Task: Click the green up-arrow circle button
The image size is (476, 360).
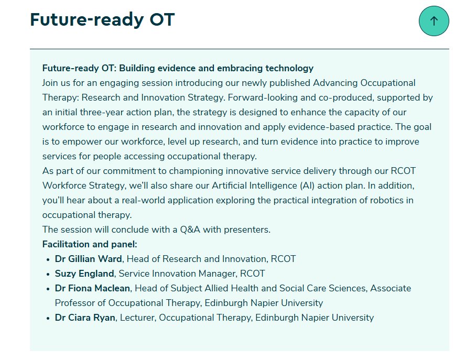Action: (434, 21)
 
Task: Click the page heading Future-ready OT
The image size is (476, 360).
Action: (102, 20)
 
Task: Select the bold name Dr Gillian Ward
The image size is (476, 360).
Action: (88, 259)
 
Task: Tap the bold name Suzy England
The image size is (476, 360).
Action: (84, 274)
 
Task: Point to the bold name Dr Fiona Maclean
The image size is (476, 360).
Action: (92, 288)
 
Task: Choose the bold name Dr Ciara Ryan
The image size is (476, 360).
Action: (85, 318)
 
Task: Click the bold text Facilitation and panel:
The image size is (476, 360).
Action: (90, 244)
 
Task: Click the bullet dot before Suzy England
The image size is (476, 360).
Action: (48, 274)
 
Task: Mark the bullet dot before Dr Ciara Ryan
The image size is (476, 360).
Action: (48, 318)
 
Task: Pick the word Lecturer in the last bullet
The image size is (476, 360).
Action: (137, 318)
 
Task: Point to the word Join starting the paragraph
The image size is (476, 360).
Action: (51, 83)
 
